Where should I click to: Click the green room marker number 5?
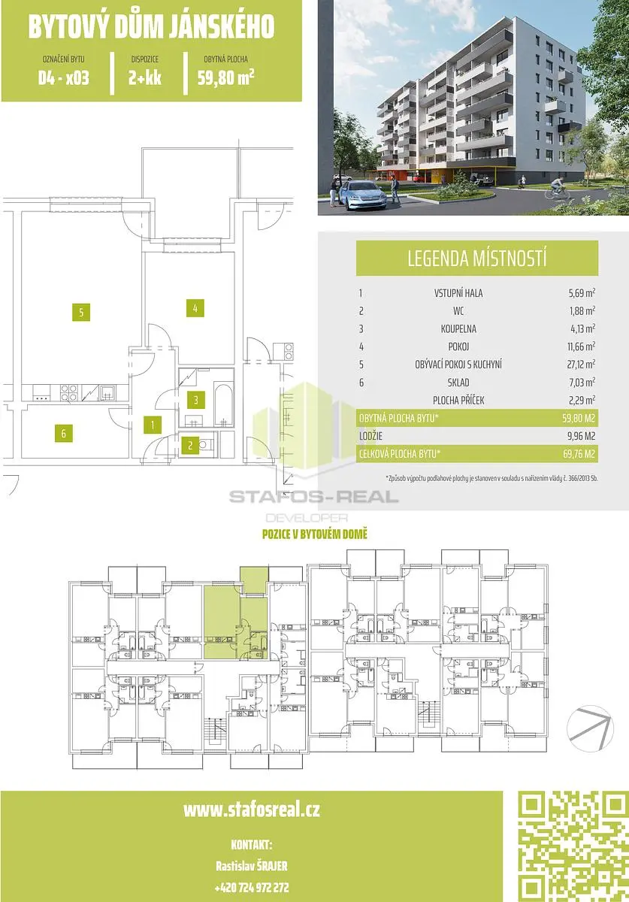click(x=81, y=312)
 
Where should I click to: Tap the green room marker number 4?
click(x=195, y=308)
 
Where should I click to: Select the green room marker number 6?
click(x=64, y=433)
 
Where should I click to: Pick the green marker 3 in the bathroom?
click(x=195, y=400)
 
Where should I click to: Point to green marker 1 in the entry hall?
click(x=153, y=425)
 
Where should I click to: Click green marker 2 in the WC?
click(x=190, y=445)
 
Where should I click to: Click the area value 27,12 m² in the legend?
click(x=582, y=365)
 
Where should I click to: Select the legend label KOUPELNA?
click(x=458, y=328)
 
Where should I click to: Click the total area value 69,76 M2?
click(x=579, y=454)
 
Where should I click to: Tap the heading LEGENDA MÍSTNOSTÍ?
click(x=477, y=258)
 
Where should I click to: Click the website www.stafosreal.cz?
click(x=252, y=810)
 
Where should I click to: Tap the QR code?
click(x=573, y=846)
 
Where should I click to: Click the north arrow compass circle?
click(x=590, y=728)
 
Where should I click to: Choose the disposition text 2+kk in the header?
click(x=145, y=77)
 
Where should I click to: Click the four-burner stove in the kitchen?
click(x=68, y=392)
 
